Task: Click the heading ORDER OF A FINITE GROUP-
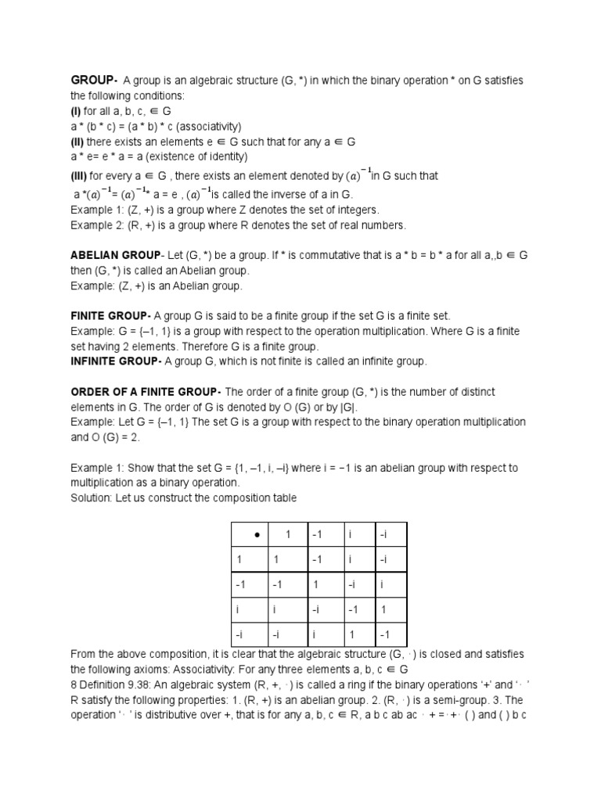146,391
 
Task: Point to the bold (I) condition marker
76,111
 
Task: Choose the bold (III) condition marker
79,176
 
